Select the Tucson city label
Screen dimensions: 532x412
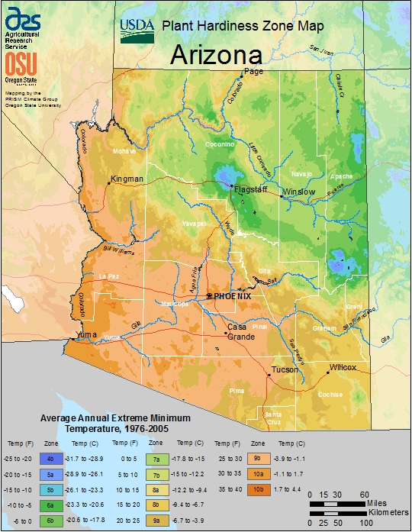pos(285,371)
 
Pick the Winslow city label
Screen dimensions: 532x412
pos(298,192)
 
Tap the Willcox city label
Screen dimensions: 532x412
pos(343,367)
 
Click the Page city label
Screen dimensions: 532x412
pos(253,72)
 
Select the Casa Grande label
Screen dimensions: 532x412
pos(240,331)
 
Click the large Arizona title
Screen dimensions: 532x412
pos(216,55)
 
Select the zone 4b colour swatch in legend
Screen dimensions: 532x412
pos(50,459)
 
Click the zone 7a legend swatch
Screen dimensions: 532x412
pos(155,459)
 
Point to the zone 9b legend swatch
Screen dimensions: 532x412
pos(259,459)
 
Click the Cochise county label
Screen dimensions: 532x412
pos(330,395)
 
